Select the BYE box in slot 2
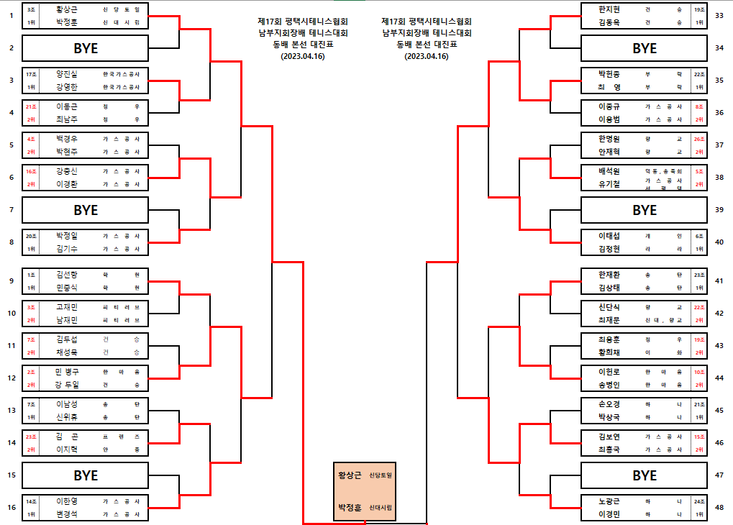86,48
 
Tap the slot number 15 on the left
12,475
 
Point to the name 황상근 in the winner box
350,475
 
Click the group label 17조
31,74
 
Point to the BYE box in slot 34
645,48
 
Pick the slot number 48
719,508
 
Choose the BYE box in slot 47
645,475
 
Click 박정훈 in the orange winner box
350,508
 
